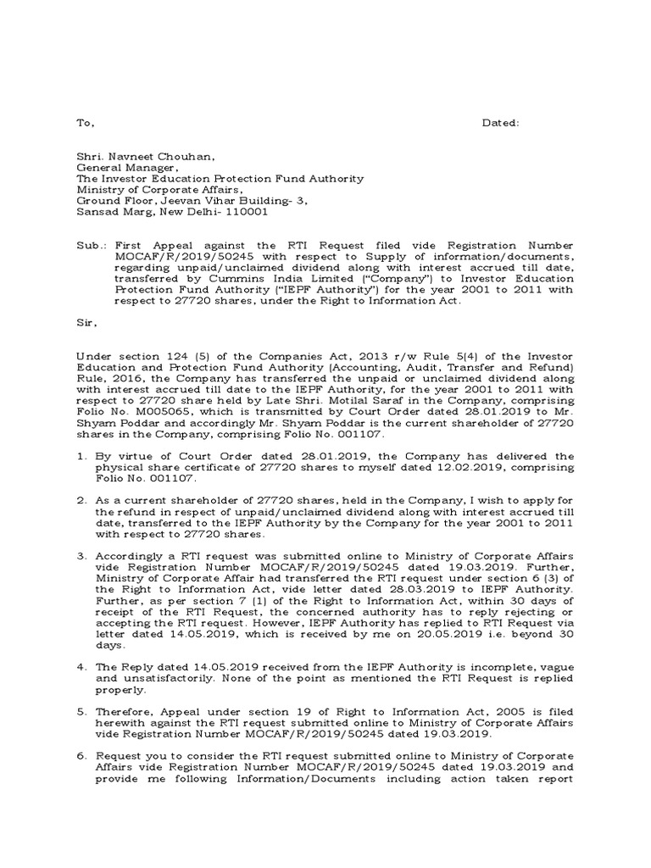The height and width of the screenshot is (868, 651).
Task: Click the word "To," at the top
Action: (86, 123)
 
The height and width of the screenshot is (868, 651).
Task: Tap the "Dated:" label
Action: (501, 123)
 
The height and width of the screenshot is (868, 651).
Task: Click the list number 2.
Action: (82, 501)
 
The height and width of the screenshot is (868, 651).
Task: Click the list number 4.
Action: (82, 667)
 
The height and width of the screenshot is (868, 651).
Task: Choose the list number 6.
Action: (82, 756)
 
